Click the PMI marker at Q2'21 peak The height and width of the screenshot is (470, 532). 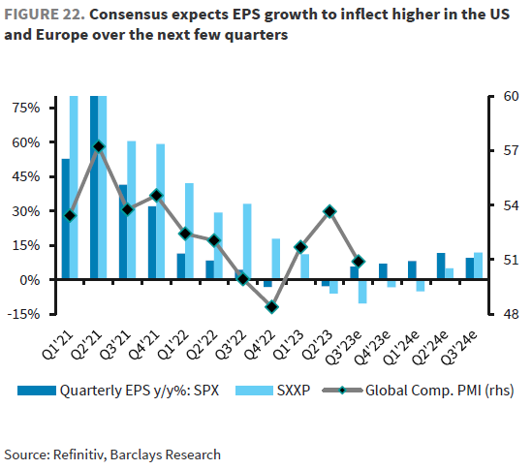(x=99, y=146)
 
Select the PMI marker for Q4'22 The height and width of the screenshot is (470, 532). (x=272, y=306)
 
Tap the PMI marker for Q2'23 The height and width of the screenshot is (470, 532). (x=329, y=210)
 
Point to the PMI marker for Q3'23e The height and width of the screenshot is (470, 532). (x=359, y=261)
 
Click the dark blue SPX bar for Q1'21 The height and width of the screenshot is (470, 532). (x=65, y=219)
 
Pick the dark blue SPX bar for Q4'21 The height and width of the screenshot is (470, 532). (x=152, y=242)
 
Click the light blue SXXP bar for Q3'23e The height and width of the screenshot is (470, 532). (x=363, y=291)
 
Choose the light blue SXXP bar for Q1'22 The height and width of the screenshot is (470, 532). (x=190, y=231)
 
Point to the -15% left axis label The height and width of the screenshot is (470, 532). (x=24, y=314)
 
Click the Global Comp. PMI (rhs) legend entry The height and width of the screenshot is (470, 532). (x=431, y=392)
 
